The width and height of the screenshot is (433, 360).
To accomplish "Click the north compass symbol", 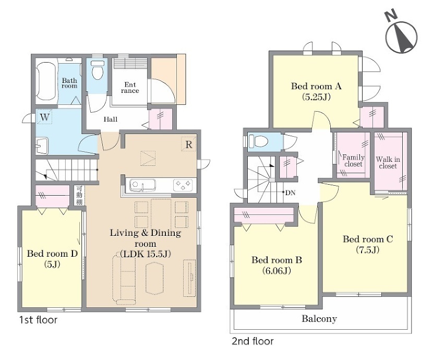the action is (x=401, y=37).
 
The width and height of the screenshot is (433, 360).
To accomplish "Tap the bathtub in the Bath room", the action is (x=46, y=81).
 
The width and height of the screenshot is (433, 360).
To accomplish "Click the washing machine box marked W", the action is (x=44, y=117).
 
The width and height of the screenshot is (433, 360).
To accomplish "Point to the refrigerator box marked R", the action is (x=189, y=145).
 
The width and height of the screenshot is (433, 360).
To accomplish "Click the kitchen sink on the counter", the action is (x=142, y=185).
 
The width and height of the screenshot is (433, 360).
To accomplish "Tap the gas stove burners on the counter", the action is (x=183, y=185).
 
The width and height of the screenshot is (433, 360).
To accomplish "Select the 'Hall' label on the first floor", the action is (x=111, y=119).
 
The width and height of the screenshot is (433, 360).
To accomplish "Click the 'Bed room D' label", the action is (x=52, y=254).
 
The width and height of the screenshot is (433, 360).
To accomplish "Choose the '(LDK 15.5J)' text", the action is (x=146, y=254).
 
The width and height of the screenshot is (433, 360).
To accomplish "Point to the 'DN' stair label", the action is (x=290, y=193).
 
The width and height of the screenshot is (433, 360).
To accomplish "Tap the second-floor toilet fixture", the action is (x=258, y=142).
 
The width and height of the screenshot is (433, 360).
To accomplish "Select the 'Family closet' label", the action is (x=354, y=161).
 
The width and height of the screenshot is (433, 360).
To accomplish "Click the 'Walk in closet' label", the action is (x=388, y=163).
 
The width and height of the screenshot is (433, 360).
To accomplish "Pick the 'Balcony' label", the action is (x=319, y=319).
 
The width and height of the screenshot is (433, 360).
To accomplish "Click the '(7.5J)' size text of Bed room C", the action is (x=368, y=250).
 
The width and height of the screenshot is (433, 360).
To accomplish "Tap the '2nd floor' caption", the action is (x=252, y=342).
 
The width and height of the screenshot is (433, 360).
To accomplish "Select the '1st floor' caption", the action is (x=38, y=320).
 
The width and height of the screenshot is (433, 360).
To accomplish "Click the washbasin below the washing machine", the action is (x=42, y=146).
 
